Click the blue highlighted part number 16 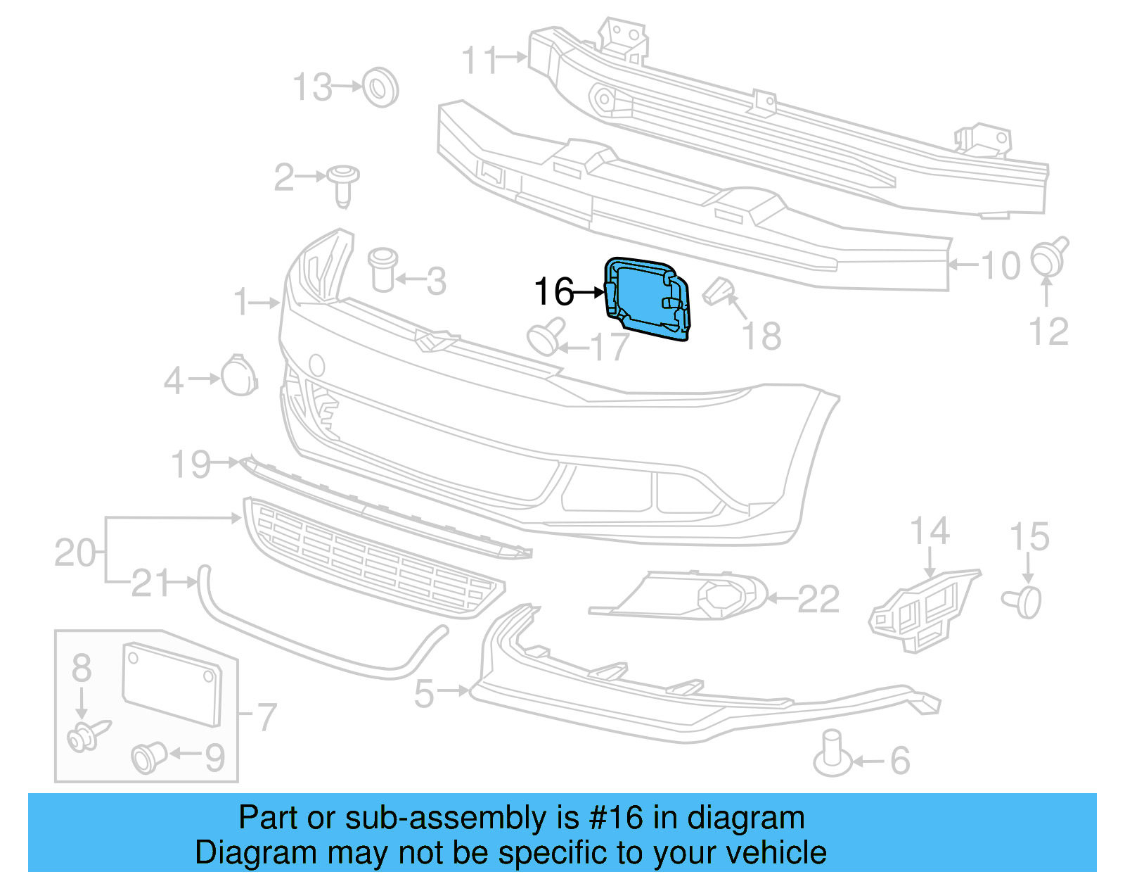[645, 298]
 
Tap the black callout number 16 [553, 291]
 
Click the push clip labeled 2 [343, 184]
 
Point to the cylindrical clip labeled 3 [382, 270]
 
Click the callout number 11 [479, 60]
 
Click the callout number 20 [75, 553]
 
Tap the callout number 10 [1001, 266]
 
